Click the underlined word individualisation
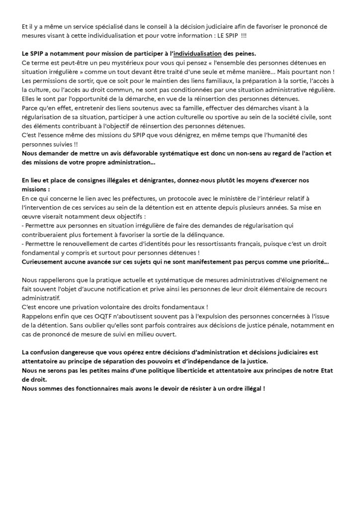[x=197, y=54]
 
